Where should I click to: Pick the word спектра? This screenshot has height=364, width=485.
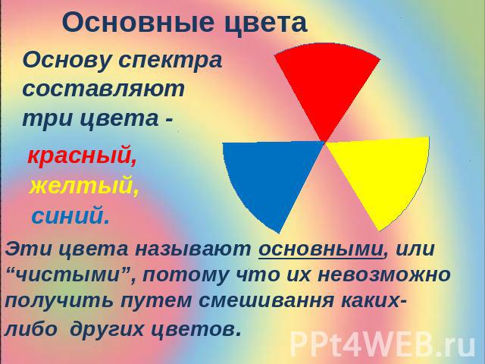[x=171, y=61]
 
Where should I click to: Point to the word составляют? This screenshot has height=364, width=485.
[x=104, y=89]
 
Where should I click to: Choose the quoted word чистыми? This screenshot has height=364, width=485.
[x=67, y=275]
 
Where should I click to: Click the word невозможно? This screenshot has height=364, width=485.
[x=384, y=275]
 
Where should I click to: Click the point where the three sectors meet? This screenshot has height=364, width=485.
[x=325, y=143]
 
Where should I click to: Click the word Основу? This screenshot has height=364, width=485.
[x=67, y=61]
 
